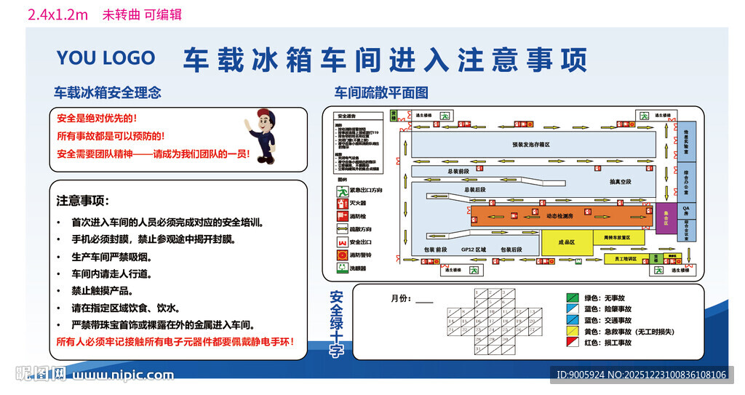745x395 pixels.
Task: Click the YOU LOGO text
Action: (x=105, y=58)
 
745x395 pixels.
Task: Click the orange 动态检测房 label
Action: (x=559, y=216)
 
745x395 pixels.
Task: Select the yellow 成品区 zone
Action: (x=566, y=242)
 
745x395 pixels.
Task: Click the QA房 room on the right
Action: (x=685, y=211)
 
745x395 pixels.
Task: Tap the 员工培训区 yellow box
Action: (x=625, y=258)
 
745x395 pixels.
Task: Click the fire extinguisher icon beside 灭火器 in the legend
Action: (x=341, y=203)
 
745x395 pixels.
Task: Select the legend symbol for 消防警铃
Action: (x=341, y=255)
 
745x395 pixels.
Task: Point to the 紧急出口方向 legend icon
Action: (x=341, y=191)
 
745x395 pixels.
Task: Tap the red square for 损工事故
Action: (x=573, y=342)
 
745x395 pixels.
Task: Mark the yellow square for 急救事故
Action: (x=573, y=331)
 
